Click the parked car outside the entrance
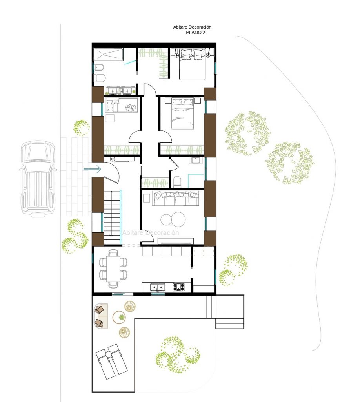point(38,179)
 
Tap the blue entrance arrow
point(93,169)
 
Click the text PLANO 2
point(195,33)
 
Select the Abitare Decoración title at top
point(192,27)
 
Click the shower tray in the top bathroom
point(108,54)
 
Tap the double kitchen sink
point(158,287)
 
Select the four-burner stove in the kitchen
point(178,287)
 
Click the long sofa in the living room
point(176,198)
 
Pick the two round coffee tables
point(173,219)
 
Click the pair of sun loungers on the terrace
point(111,361)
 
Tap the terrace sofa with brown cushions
point(101,316)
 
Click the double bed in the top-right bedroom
point(192,64)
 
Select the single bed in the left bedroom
point(121,105)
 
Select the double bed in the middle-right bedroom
point(182,113)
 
